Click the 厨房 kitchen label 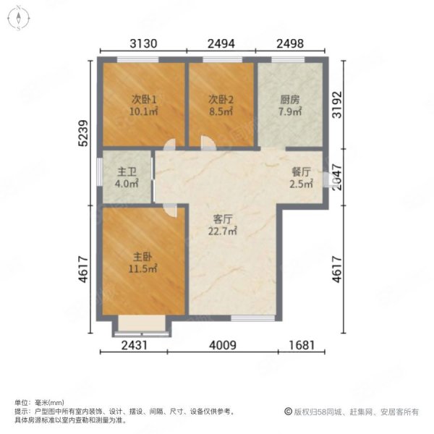[x=289, y=100]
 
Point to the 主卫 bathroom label [x=127, y=172]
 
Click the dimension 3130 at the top [x=144, y=43]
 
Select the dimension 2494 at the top [x=221, y=43]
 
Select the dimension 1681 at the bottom [x=301, y=345]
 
